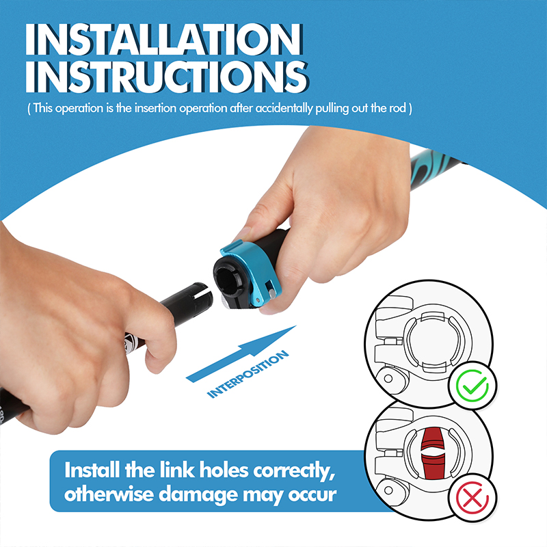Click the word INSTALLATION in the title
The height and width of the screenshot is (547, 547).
(x=163, y=39)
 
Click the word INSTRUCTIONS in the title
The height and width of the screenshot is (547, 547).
(x=167, y=77)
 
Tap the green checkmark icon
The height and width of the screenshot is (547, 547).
(x=472, y=385)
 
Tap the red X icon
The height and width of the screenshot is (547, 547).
(x=472, y=497)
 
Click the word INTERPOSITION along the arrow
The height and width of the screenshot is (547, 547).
(x=248, y=374)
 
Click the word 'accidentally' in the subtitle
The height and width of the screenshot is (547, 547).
(x=284, y=108)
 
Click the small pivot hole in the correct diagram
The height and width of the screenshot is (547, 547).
(x=388, y=379)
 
